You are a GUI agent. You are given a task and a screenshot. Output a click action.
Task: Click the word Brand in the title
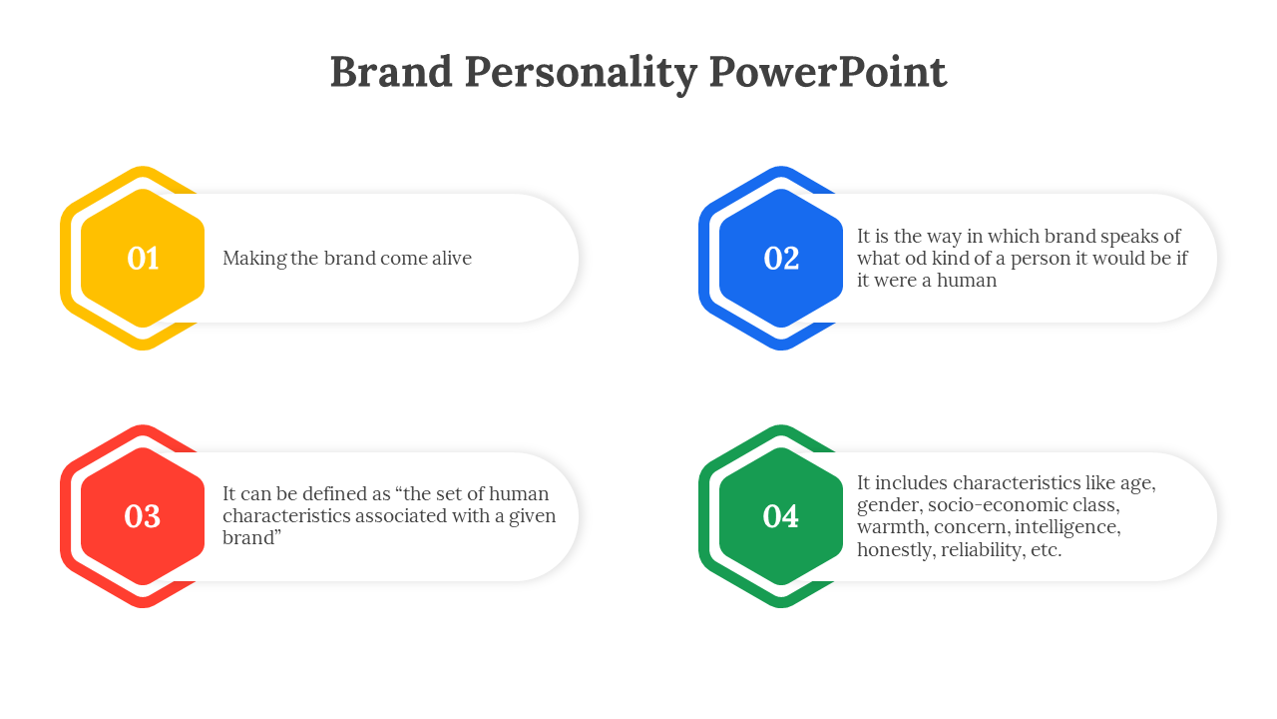tap(391, 72)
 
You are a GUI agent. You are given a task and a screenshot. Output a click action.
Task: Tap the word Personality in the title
tap(581, 74)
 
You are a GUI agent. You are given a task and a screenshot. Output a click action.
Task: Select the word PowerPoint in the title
tap(828, 72)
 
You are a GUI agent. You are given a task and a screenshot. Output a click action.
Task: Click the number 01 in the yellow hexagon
tap(143, 259)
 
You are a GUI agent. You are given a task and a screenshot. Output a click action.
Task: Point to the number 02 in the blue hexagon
tap(781, 259)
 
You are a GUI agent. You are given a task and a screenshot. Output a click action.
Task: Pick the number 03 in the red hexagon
tap(143, 516)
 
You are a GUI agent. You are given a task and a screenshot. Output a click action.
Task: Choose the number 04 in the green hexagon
tap(781, 516)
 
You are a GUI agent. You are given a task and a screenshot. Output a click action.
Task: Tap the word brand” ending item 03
tap(252, 537)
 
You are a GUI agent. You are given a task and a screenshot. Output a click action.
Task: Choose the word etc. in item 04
tap(1047, 550)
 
